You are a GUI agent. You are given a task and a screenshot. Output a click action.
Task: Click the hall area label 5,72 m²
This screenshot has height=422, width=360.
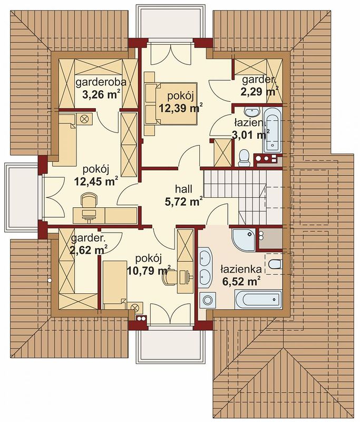pyautogui.click(x=183, y=202)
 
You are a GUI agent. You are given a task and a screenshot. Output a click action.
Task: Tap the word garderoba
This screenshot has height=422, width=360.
pyautogui.click(x=101, y=82)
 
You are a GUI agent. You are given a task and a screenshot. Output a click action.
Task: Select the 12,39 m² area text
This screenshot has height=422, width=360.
pyautogui.click(x=180, y=108)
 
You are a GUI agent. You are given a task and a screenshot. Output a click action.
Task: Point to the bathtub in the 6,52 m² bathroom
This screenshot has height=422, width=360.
pyautogui.click(x=258, y=300)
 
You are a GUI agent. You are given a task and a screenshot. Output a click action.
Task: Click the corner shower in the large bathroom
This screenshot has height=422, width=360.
pyautogui.click(x=243, y=240)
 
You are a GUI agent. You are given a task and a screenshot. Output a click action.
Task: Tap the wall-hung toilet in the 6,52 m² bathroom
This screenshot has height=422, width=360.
pyautogui.click(x=274, y=264)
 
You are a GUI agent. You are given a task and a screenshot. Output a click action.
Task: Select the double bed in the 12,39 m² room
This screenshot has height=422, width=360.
pyautogui.click(x=171, y=103)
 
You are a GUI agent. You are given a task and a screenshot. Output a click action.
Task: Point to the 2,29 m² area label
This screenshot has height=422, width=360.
pyautogui.click(x=259, y=92)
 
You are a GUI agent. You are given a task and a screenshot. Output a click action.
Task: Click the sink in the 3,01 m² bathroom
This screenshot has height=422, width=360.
pyautogui.click(x=252, y=110)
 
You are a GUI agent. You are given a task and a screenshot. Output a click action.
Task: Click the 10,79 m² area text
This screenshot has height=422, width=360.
pyautogui.click(x=149, y=271)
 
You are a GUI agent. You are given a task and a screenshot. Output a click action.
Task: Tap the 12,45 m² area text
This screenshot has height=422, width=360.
pyautogui.click(x=96, y=181)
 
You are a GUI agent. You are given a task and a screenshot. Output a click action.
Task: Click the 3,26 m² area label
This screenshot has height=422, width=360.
pyautogui.click(x=101, y=95)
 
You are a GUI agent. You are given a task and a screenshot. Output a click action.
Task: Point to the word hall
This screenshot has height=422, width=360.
pyautogui.click(x=183, y=189)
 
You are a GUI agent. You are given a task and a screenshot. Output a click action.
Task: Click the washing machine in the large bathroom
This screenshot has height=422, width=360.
pyautogui.click(x=208, y=300)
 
